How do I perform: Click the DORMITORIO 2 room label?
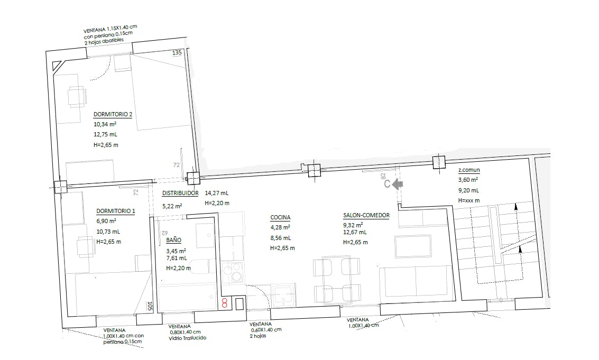click(113, 114)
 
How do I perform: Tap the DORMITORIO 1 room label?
click(115, 211)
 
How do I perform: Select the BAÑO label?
click(173, 240)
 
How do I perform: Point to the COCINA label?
click(280, 217)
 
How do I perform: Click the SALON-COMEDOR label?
click(366, 216)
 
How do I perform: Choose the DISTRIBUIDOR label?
click(180, 193)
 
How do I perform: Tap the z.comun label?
click(469, 170)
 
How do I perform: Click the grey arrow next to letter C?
click(398, 184)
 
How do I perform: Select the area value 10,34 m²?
click(105, 124)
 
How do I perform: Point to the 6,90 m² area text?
click(106, 221)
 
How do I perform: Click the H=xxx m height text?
click(469, 200)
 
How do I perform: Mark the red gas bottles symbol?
click(225, 303)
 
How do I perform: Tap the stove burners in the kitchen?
click(232, 272)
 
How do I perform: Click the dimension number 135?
click(177, 53)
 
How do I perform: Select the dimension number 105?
click(150, 306)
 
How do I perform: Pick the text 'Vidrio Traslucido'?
click(188, 338)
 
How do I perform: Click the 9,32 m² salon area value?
click(353, 226)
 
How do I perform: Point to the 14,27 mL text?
click(217, 193)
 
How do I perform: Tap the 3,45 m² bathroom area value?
click(176, 251)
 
